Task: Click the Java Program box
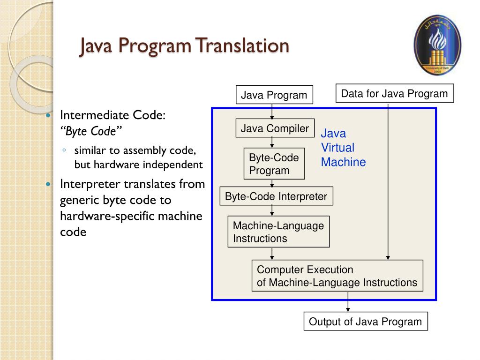click(274, 95)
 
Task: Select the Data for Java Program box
click(395, 93)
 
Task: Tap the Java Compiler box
click(275, 128)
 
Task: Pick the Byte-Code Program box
click(274, 164)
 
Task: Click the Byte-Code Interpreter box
click(276, 196)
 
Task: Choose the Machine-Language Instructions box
click(278, 232)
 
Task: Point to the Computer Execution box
click(337, 276)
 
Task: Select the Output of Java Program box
click(366, 322)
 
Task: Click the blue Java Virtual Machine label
click(343, 148)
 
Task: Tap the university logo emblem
click(438, 45)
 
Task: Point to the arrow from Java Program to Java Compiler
click(272, 111)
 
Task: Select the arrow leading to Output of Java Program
click(348, 302)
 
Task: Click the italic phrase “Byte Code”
click(91, 131)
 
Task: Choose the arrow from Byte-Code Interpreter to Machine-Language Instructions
click(272, 210)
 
